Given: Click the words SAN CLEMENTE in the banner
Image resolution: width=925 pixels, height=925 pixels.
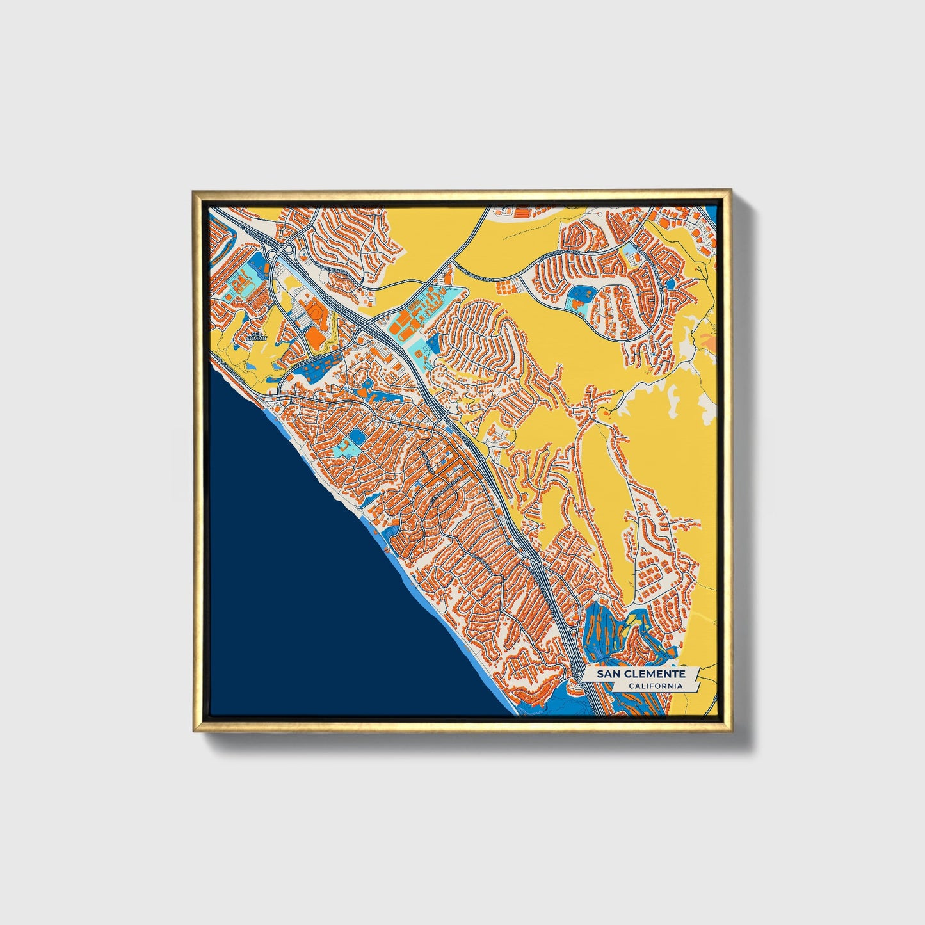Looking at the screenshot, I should [x=641, y=674].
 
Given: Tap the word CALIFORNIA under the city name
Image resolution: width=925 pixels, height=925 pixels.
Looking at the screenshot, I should [x=654, y=686].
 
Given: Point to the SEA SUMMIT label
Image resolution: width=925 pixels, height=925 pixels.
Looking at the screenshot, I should [x=257, y=335].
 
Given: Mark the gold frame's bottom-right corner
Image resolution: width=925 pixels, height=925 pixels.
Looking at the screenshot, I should [x=732, y=732].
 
